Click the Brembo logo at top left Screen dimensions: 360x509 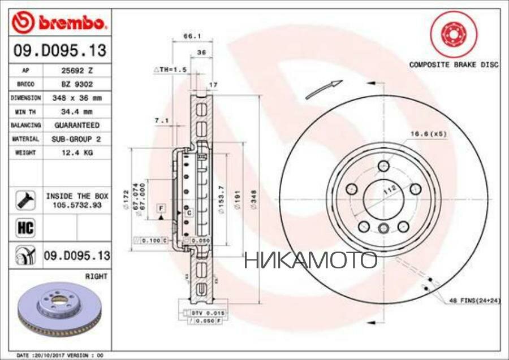pos(59,23)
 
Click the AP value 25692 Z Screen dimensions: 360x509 pos(76,71)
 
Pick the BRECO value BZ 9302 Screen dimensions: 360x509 pos(76,84)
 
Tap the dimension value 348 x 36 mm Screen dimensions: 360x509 pos(76,97)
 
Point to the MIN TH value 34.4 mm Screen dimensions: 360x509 pos(76,111)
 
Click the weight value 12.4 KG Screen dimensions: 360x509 pos(76,152)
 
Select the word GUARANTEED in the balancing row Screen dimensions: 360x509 pos(76,124)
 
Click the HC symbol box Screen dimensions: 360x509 pos(26,228)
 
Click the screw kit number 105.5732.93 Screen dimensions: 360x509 pos(76,205)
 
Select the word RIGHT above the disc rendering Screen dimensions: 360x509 pos(96,276)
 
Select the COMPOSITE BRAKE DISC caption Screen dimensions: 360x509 pos(454,65)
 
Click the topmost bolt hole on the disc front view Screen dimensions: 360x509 pos(383,166)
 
